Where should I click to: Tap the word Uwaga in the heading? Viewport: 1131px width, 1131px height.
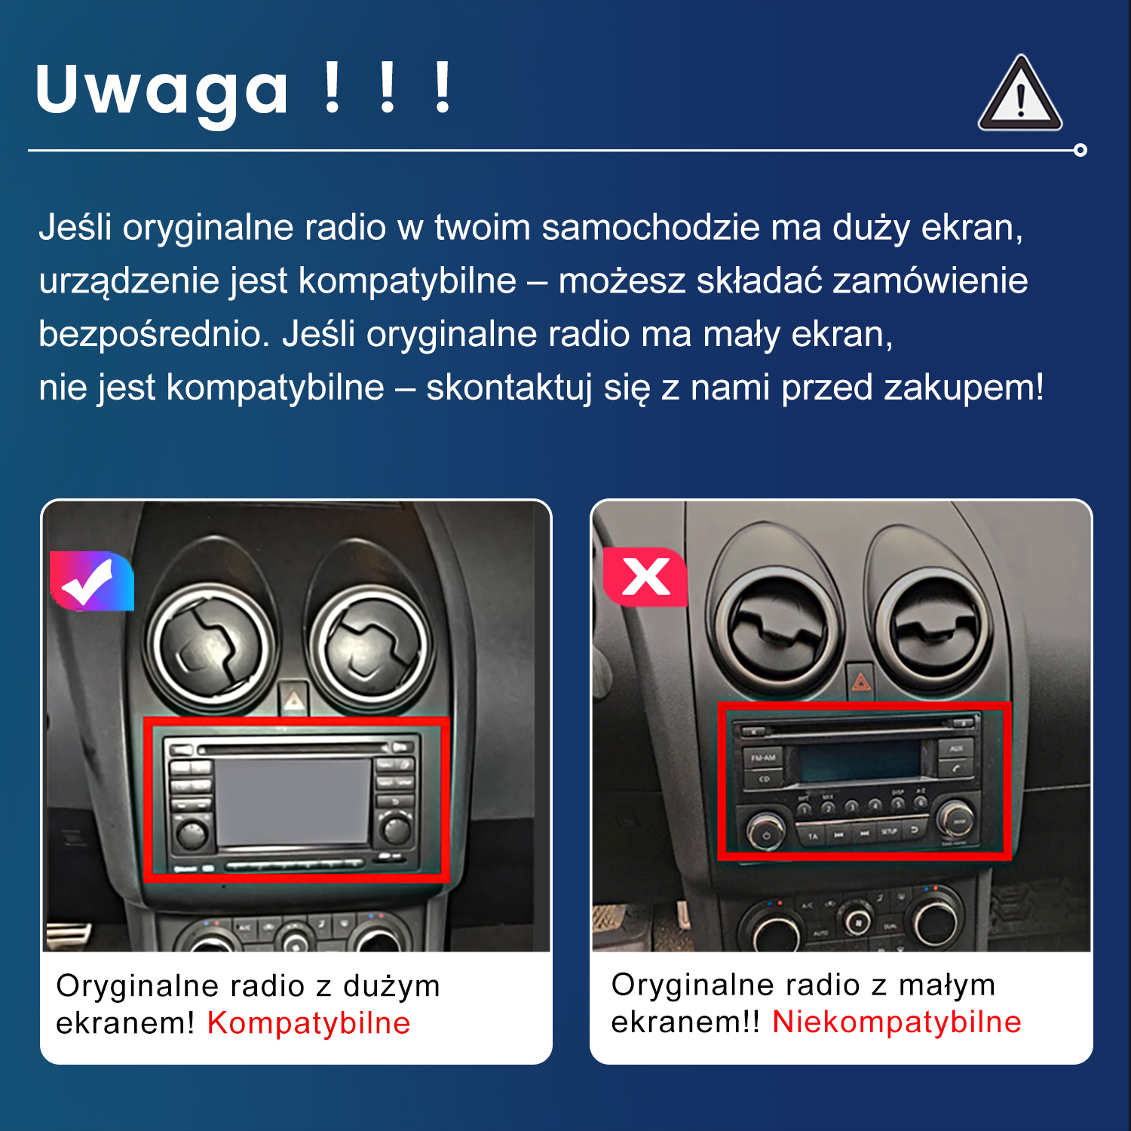161,91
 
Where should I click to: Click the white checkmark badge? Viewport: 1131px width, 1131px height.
91,581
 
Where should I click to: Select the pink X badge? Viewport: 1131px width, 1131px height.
645,578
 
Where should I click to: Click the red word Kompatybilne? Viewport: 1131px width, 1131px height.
308,1023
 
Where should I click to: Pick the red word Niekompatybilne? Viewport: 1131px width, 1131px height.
897,1022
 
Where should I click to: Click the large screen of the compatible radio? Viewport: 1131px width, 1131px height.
293,801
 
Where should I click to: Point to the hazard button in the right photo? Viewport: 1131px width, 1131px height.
860,682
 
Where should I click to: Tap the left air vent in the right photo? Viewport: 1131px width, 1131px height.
777,627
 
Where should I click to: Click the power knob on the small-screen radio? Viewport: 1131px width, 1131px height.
765,833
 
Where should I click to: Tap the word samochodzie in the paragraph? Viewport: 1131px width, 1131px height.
651,227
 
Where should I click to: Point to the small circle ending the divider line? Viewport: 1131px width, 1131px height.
1080,150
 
